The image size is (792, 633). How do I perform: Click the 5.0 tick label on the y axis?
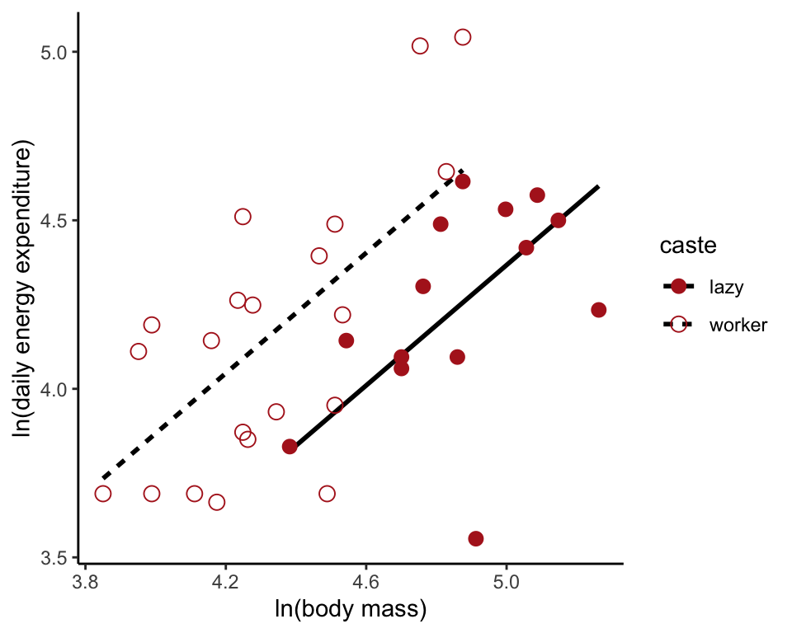click(54, 52)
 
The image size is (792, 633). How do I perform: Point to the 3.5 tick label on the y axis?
click(54, 558)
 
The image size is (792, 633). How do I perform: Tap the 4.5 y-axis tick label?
click(54, 221)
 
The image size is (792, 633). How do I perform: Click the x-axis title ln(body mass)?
click(351, 611)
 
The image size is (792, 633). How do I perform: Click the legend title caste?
click(687, 246)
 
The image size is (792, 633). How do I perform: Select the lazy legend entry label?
click(726, 287)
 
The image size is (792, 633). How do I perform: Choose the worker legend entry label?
click(738, 325)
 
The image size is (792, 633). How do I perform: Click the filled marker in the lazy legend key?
click(678, 287)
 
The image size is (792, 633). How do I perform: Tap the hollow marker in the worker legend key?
click(678, 325)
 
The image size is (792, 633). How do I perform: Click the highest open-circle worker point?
click(463, 37)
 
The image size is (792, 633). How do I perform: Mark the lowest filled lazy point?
click(476, 538)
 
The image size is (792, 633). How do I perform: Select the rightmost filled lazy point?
click(599, 310)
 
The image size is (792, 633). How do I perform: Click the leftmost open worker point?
click(103, 494)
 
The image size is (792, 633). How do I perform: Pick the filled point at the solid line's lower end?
click(290, 447)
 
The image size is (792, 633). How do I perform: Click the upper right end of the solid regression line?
click(598, 186)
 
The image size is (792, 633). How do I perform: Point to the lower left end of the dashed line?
click(102, 478)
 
